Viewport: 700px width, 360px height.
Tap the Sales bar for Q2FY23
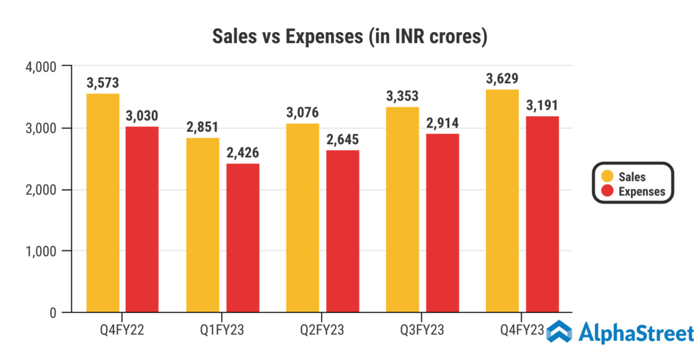pyautogui.click(x=302, y=219)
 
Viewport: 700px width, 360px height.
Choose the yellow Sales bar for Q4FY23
pyautogui.click(x=502, y=202)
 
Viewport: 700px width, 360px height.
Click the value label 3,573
pyautogui.click(x=103, y=83)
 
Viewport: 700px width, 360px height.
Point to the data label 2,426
pyautogui.click(x=243, y=153)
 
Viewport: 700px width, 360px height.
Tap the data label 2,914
pyautogui.click(x=443, y=124)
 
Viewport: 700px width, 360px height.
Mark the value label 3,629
pyautogui.click(x=502, y=79)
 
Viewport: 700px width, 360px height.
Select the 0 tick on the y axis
pyautogui.click(x=52, y=313)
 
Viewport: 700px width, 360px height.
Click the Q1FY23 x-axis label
pyautogui.click(x=223, y=331)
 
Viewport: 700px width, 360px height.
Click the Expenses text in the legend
pyautogui.click(x=641, y=192)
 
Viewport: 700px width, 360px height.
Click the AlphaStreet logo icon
pyautogui.click(x=558, y=333)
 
